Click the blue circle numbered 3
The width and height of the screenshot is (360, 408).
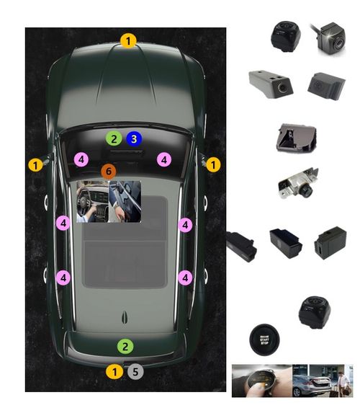pos(134,138)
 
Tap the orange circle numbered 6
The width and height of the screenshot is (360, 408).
pos(108,172)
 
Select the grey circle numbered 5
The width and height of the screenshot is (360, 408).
pos(136,372)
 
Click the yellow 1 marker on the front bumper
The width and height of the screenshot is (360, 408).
pos(128,41)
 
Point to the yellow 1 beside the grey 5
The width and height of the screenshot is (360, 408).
pos(114,372)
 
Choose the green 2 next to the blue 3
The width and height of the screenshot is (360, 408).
pos(113,138)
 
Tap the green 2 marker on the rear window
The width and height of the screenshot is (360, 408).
pos(125,347)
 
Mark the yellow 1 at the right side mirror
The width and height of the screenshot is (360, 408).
pos(213,165)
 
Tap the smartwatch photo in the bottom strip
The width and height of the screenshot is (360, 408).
pos(261,381)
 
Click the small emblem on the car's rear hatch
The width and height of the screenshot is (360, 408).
pos(125,315)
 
